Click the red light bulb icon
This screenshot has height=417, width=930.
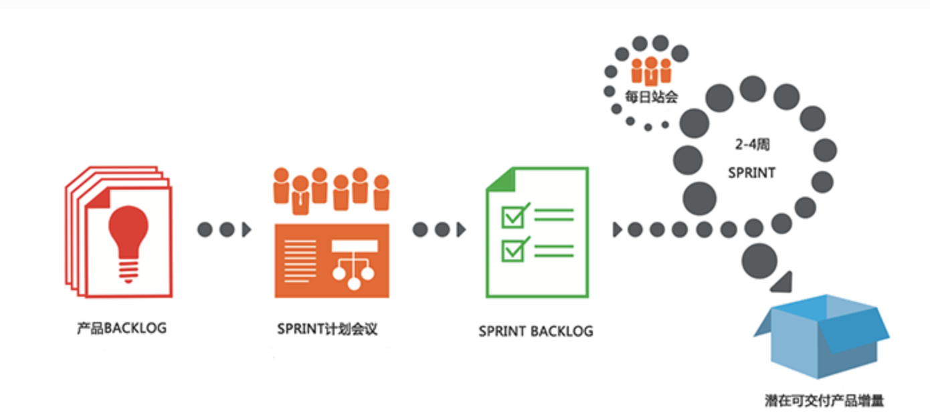pos(128,231)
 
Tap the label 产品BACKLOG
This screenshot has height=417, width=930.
pos(121,328)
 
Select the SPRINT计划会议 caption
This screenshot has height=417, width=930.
pos(327,329)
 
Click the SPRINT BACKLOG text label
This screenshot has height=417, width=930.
pos(535,331)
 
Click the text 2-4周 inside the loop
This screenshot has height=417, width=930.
pos(751,144)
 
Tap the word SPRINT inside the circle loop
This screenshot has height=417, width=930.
pos(751,172)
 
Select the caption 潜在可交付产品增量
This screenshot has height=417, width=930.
pos(824,401)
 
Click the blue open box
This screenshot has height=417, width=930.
pos(822,334)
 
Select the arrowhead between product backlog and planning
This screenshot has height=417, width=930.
pos(247,230)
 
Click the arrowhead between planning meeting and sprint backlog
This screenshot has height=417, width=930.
pos(461,230)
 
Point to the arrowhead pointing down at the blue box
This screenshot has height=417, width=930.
pos(781,282)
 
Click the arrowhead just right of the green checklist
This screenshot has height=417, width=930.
pos(617,230)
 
